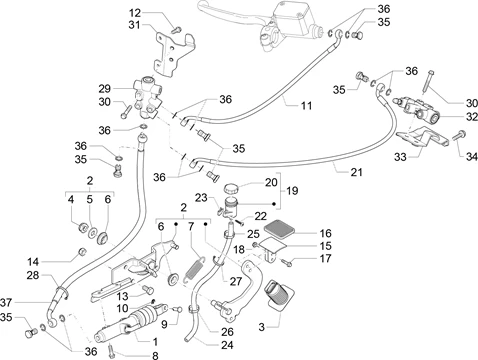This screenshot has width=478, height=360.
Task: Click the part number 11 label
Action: (x=306, y=106)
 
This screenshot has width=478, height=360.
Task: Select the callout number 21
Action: (x=356, y=172)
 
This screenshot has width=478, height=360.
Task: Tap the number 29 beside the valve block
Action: (x=104, y=89)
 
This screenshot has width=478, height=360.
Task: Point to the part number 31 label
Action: (x=134, y=25)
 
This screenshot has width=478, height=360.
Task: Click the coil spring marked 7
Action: (x=194, y=269)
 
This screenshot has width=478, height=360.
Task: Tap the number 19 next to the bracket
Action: (x=292, y=191)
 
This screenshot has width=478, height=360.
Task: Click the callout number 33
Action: (x=400, y=156)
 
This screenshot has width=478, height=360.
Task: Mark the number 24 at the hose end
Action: (x=227, y=345)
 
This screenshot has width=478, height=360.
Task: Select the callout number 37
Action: (x=6, y=302)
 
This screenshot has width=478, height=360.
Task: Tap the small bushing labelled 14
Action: (x=82, y=251)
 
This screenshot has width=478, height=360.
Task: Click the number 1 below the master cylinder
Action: (x=155, y=342)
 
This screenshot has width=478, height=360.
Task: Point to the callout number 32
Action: (x=471, y=117)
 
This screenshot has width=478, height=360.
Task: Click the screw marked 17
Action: (x=287, y=263)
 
